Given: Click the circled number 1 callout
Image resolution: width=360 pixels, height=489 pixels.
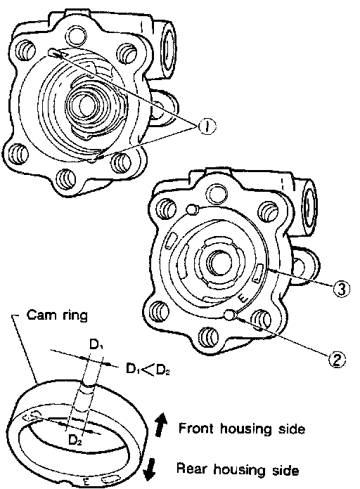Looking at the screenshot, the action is click(207, 126).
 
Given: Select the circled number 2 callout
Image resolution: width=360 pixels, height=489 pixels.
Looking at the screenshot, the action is click(337, 359).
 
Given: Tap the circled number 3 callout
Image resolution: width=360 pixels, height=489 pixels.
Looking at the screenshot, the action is click(341, 289).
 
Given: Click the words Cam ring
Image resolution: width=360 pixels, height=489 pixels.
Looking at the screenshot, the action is click(57, 315).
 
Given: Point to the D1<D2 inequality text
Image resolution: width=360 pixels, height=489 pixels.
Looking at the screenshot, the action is click(148, 370).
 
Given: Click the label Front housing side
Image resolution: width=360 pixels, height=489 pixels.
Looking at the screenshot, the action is click(242, 429).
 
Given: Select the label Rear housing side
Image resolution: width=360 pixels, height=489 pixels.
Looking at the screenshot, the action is click(238, 469).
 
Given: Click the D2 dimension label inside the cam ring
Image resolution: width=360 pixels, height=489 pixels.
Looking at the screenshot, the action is click(75, 441).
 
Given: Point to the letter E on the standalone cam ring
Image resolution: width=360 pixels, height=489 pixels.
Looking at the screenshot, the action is click(86, 481).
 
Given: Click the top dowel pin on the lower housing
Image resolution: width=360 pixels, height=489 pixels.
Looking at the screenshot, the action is click(192, 209).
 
